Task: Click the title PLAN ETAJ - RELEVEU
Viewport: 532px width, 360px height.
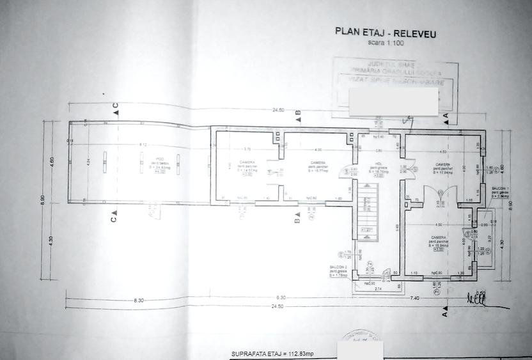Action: coord(386,33)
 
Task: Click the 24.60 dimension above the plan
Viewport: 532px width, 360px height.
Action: coord(278,110)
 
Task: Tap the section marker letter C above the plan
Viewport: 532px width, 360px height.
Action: coord(116,106)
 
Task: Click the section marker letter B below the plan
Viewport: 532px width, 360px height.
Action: coord(297,221)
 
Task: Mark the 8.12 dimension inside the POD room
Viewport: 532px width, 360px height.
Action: coord(144,145)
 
